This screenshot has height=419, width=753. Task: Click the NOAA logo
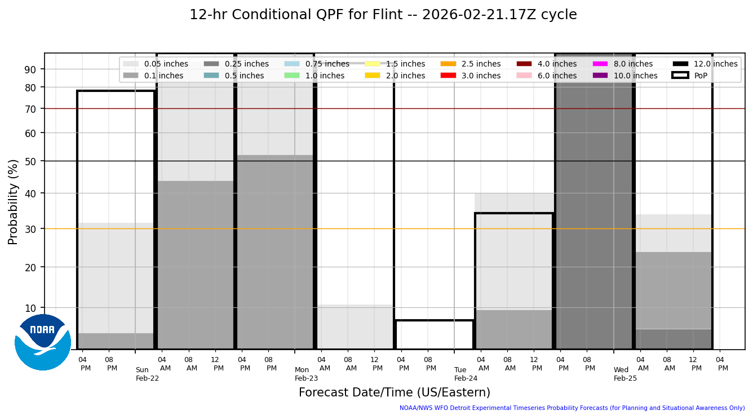point(43,342)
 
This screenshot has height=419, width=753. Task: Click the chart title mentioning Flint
point(383,15)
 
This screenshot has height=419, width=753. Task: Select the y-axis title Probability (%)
point(13,201)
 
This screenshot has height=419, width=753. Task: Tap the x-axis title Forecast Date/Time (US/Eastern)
point(394,392)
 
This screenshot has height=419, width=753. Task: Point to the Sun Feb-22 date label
point(147,374)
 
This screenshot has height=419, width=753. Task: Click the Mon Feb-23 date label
point(306,374)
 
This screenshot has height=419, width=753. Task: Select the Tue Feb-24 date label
point(466,374)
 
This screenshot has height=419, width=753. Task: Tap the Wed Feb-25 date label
point(625,374)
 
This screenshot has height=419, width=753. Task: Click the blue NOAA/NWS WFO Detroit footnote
point(572,408)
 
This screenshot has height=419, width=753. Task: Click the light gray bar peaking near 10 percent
point(355,327)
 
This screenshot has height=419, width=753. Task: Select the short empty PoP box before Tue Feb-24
point(434,335)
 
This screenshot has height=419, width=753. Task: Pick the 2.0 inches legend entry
point(405,76)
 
